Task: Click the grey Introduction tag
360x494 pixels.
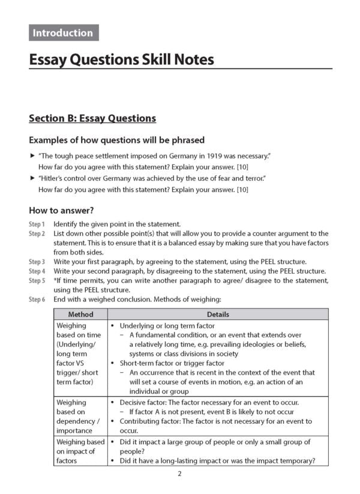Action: (x=63, y=33)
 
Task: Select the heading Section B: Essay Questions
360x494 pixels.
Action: (x=92, y=118)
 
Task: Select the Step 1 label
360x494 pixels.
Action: (x=37, y=224)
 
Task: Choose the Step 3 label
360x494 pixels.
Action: (x=37, y=262)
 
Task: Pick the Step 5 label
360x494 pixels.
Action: (x=37, y=281)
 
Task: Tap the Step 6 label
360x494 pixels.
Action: (x=37, y=300)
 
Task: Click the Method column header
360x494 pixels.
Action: (x=80, y=315)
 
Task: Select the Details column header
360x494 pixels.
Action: (x=218, y=315)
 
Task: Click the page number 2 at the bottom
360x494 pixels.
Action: (x=179, y=474)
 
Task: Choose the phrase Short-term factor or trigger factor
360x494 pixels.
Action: (x=172, y=363)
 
